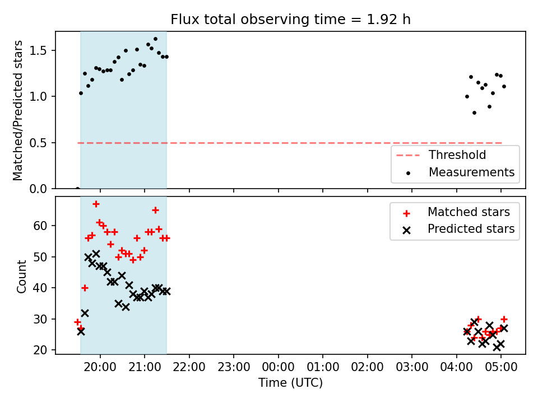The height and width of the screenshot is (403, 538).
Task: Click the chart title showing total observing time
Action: click(x=291, y=19)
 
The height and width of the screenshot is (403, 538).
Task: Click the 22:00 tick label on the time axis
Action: click(x=189, y=367)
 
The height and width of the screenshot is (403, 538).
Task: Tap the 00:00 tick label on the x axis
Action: click(x=279, y=367)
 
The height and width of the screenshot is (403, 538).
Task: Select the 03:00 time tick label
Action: click(x=412, y=367)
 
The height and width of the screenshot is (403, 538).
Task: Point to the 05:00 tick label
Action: click(x=501, y=367)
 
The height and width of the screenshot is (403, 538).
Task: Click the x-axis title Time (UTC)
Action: click(x=291, y=382)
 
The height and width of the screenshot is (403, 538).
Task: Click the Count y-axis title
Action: click(x=22, y=276)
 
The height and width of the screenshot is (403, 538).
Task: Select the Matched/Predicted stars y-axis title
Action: click(x=17, y=110)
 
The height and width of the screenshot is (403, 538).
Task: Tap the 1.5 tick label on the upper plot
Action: click(x=38, y=51)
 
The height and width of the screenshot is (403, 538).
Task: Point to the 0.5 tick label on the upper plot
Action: click(x=38, y=143)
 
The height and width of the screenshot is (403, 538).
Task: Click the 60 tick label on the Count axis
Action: click(x=40, y=226)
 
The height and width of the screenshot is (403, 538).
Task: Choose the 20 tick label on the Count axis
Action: click(x=40, y=350)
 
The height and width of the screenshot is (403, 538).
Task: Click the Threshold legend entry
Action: click(x=441, y=155)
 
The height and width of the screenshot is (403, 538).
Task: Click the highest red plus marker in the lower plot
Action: click(x=96, y=204)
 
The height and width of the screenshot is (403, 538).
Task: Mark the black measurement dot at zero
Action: click(x=77, y=189)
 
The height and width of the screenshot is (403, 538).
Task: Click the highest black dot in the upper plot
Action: click(x=155, y=39)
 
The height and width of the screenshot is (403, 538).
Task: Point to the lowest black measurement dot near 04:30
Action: click(x=475, y=113)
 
